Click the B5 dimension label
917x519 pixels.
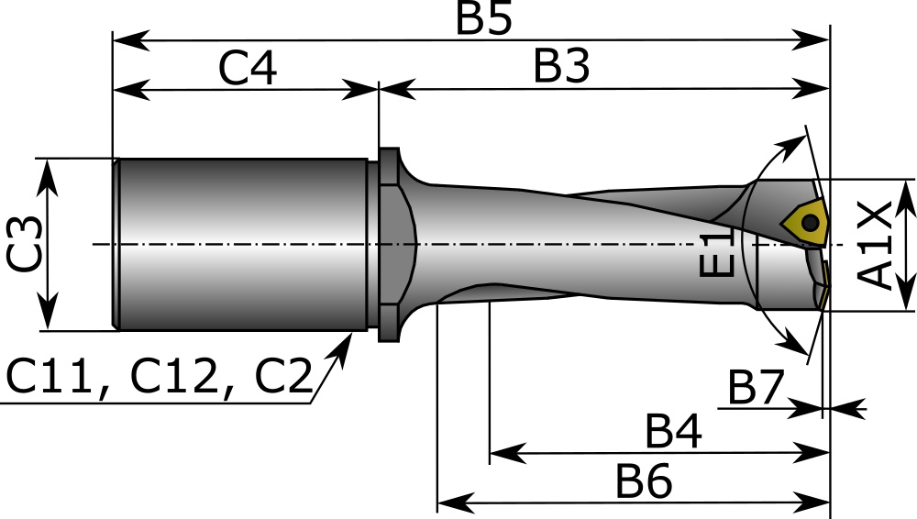[x=483, y=19]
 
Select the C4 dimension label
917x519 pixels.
[x=248, y=69]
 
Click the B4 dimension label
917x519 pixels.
[x=674, y=432]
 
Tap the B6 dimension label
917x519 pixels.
[x=644, y=482]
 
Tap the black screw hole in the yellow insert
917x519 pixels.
[x=810, y=223]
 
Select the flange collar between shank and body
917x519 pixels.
[x=388, y=244]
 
